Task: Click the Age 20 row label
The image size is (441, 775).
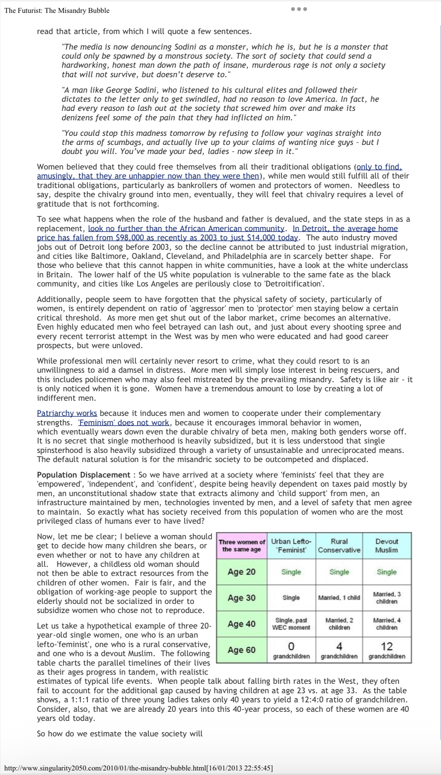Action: [242, 572]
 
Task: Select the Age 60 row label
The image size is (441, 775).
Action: [242, 650]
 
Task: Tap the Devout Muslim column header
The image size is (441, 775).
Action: [386, 545]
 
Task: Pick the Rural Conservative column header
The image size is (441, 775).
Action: [339, 545]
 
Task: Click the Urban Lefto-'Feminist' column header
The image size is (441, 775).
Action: [291, 545]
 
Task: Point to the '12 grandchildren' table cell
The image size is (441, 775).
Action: [386, 650]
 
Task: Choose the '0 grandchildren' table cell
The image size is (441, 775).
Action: [291, 650]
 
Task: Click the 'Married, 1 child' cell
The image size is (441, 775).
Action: [339, 598]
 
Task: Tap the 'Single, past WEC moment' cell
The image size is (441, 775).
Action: [291, 624]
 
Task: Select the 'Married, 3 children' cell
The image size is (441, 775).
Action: [386, 598]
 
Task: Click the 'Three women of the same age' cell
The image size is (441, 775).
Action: [242, 545]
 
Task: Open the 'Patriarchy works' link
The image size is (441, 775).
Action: [67, 413]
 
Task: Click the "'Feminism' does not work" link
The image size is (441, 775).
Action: [123, 423]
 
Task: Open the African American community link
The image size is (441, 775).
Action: [186, 229]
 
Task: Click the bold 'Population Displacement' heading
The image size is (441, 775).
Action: [84, 475]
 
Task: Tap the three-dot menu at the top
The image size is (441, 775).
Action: [299, 9]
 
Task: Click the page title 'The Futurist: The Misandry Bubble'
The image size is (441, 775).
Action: [57, 11]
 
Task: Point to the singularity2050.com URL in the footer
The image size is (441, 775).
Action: [138, 768]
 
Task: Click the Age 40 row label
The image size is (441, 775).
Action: [242, 624]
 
